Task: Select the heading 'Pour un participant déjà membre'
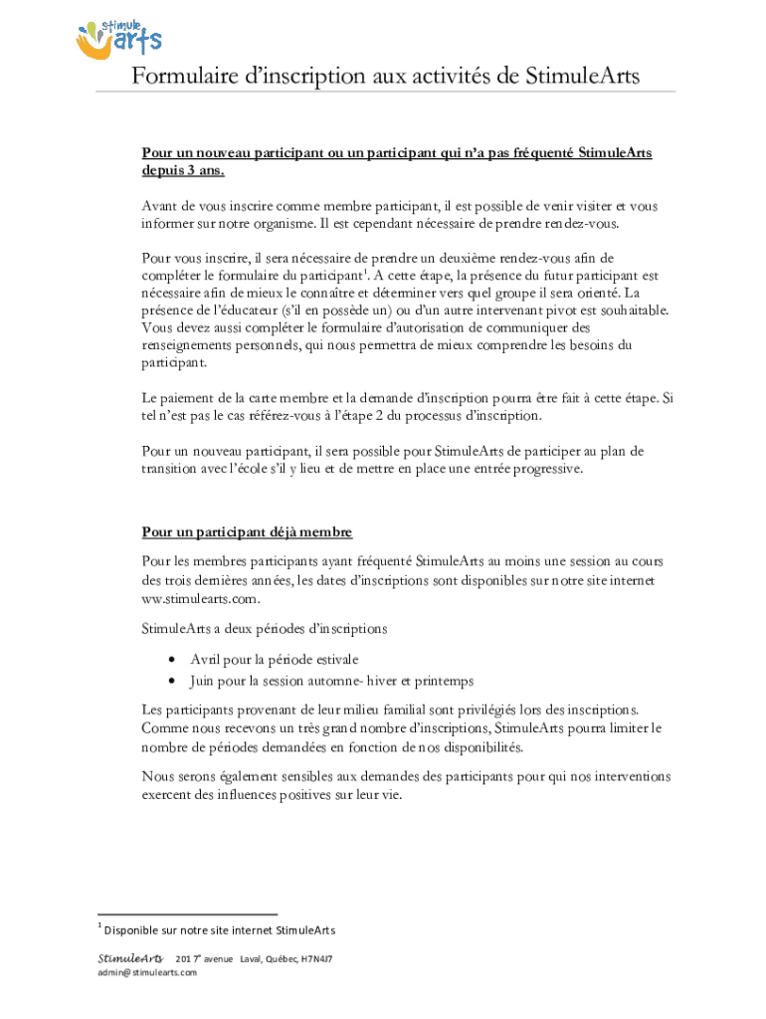247,532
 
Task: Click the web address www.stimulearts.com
201,598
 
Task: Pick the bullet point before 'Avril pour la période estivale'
173,660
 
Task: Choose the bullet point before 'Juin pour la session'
173,682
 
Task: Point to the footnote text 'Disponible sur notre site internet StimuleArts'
220,930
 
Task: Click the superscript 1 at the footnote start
100,925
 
